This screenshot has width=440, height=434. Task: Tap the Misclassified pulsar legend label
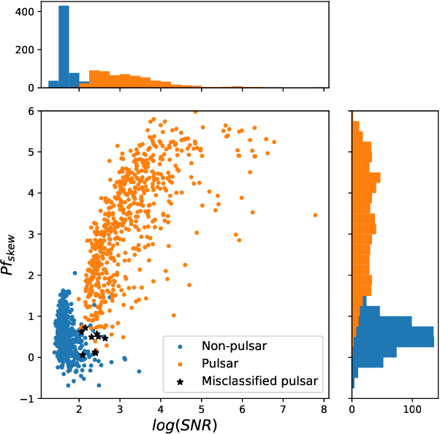pos(259,379)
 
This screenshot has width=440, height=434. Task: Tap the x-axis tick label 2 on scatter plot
pos(80,408)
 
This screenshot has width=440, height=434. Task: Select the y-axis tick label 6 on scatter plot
pos(31,111)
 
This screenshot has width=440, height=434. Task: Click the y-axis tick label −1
pos(28,398)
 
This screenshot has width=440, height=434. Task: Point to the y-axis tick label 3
pos(31,235)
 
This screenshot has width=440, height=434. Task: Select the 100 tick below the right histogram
pos(412,408)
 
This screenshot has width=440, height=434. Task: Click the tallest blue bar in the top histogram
pos(64,47)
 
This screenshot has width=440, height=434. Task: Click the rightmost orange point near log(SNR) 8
pos(315,215)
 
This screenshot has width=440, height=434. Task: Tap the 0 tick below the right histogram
pos(352,408)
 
